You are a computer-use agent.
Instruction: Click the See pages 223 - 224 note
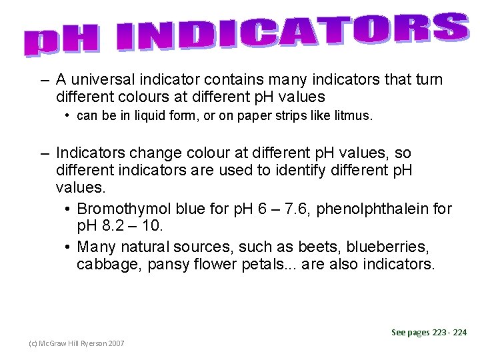429,332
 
